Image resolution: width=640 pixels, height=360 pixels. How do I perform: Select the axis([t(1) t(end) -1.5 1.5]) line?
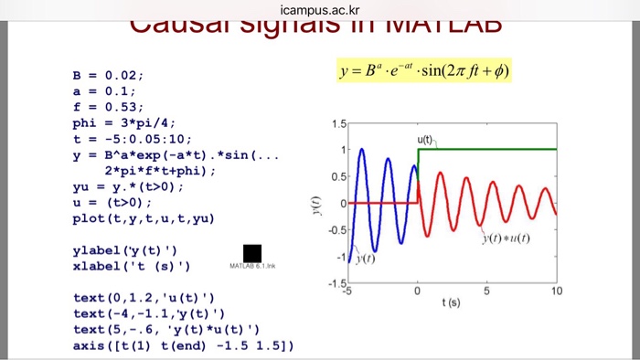tap(183, 345)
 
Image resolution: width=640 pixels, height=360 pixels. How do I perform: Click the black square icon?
tap(252, 253)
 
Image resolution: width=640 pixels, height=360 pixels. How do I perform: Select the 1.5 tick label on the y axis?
tap(338, 122)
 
